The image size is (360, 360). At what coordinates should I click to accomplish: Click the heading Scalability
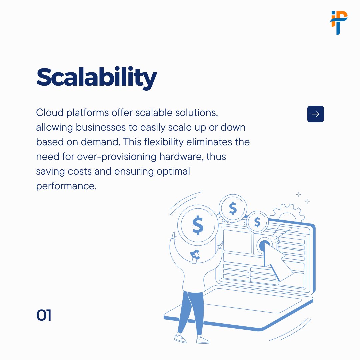click(96, 78)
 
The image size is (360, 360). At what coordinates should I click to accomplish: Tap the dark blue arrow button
click(315, 114)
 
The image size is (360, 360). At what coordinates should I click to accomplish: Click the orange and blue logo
click(339, 22)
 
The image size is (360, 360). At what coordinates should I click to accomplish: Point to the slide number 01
click(44, 315)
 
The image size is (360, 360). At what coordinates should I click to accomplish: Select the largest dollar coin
click(198, 225)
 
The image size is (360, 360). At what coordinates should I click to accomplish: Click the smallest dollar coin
click(257, 221)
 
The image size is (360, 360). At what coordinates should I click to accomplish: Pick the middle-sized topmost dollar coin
click(233, 209)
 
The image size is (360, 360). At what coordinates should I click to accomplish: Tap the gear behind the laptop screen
click(287, 213)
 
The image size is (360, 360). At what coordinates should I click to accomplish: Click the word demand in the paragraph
click(99, 142)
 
